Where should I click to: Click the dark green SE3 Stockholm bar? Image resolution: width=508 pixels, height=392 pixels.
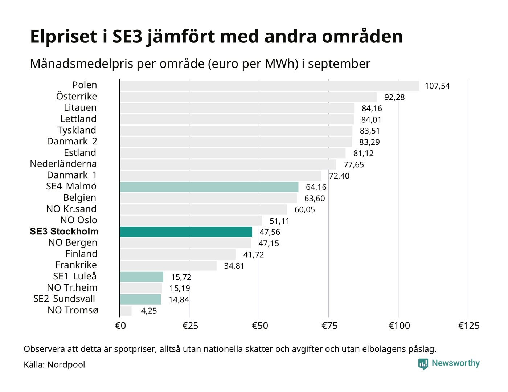coord(186,232)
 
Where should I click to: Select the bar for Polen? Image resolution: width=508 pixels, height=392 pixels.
coord(269,86)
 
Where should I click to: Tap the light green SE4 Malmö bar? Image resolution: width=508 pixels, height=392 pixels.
coord(209,187)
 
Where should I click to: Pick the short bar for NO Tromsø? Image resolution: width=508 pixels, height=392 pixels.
coord(126,311)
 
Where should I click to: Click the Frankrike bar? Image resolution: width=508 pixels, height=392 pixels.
coord(168,266)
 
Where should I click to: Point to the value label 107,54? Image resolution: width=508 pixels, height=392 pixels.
coord(437,86)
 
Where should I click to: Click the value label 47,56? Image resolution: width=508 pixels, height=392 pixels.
coord(270,232)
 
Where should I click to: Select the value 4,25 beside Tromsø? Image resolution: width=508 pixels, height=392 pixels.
coord(149,311)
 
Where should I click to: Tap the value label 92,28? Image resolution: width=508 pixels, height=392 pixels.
coord(394,97)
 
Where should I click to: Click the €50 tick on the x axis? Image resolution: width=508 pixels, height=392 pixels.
coord(260,326)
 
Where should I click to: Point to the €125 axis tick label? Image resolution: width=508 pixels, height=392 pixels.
coord(469,326)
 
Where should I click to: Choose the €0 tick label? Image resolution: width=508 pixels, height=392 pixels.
coord(120,326)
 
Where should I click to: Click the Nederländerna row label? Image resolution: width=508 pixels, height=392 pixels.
coord(63,164)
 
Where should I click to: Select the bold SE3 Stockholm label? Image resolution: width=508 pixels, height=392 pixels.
coord(64,232)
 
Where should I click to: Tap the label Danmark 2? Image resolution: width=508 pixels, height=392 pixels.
coord(72,142)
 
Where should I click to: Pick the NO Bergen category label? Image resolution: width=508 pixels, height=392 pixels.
coord(73,243)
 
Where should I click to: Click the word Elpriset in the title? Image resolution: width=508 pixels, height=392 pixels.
coord(64,37)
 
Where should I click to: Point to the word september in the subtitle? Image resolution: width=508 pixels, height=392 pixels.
coord(339,64)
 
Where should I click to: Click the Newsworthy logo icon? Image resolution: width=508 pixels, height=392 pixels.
coord(423,364)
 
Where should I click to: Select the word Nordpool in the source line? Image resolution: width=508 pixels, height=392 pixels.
coord(66,364)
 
